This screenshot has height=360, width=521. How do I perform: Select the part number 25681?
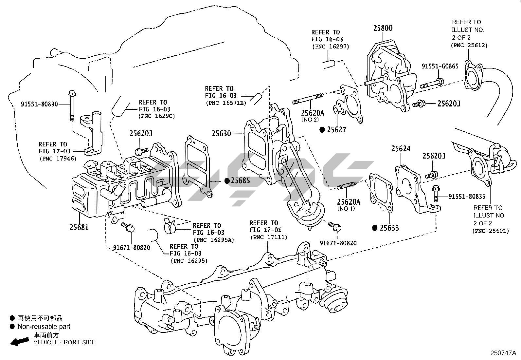coord(79,227)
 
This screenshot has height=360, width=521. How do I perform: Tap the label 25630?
coord(221,134)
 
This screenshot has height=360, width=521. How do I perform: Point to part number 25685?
coord(241,180)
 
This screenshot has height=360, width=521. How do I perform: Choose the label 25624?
coord(401,149)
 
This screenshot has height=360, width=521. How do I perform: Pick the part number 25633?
coord(389,228)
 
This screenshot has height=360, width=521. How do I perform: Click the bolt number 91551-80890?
coord(39,104)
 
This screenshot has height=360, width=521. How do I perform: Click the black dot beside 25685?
coord(226,180)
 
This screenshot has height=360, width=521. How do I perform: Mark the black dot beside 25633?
coord(375,228)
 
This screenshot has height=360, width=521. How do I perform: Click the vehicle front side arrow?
coord(19,341)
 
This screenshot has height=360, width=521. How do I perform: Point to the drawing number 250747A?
coord(503,353)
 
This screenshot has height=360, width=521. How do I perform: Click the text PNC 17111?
coord(269,237)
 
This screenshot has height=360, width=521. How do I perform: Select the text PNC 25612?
coord(469,45)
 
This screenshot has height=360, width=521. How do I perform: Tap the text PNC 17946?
coord(58,159)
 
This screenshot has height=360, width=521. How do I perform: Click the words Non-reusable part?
coord(44,326)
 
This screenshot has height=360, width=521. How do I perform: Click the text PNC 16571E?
coord(226,103)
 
